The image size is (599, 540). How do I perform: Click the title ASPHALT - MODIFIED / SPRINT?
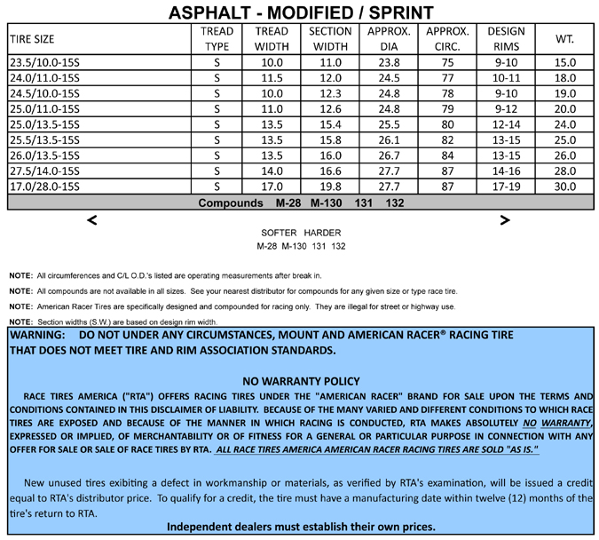(x=300, y=12)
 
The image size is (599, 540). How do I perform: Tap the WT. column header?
(x=564, y=39)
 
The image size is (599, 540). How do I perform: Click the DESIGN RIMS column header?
(x=506, y=39)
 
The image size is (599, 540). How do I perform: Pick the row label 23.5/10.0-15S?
(x=43, y=63)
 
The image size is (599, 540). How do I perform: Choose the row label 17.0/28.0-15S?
(x=43, y=187)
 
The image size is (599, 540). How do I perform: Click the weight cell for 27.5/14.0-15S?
(x=564, y=171)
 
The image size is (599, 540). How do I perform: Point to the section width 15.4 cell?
(x=331, y=124)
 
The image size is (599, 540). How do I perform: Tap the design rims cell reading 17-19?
(x=506, y=187)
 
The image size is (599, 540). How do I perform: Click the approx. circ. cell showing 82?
(x=447, y=140)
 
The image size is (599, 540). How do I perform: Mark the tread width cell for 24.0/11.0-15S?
(x=268, y=78)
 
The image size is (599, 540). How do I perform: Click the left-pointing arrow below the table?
(x=92, y=220)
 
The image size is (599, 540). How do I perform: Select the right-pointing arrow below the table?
(x=505, y=220)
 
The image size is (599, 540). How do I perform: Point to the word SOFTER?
(x=277, y=233)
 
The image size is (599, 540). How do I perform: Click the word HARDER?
(x=324, y=233)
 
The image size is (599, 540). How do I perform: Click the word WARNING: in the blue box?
(x=37, y=337)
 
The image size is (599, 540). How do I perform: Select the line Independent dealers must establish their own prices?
(x=301, y=527)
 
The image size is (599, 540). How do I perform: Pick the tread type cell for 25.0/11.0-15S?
(x=217, y=109)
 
